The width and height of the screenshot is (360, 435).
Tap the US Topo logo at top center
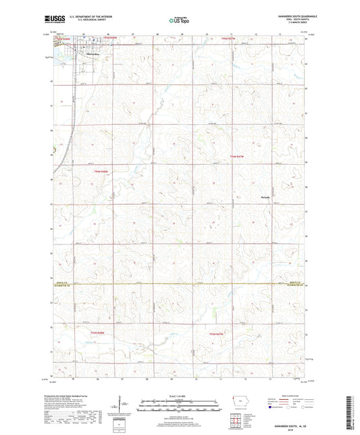[179, 20]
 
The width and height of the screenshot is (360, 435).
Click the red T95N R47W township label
[230, 40]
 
